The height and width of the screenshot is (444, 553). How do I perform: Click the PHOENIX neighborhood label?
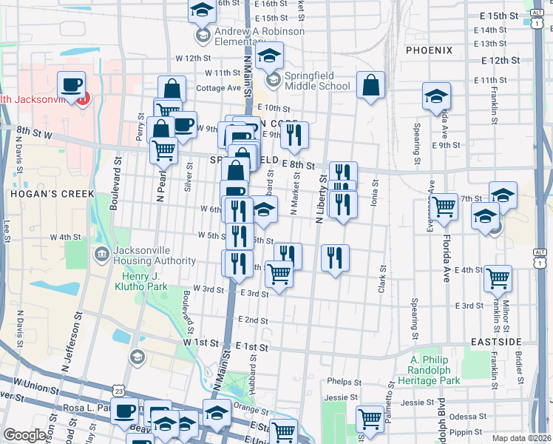coord(429,50)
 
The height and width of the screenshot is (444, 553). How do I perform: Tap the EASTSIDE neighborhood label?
coord(495,342)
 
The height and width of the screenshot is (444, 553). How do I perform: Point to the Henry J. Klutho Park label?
coord(145,281)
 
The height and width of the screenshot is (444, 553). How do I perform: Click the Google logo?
coord(26,435)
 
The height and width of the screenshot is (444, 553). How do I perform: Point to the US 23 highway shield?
coord(120,390)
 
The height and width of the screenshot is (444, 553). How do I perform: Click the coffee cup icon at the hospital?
coord(72,84)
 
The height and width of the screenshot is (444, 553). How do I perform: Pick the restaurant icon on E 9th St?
coord(294,134)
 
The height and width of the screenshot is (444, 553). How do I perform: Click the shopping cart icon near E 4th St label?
coord(498,279)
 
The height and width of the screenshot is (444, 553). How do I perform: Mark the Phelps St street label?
coord(344,382)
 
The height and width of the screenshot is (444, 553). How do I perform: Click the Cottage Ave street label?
coord(219,87)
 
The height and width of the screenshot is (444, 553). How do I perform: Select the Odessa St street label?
coord(462,417)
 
